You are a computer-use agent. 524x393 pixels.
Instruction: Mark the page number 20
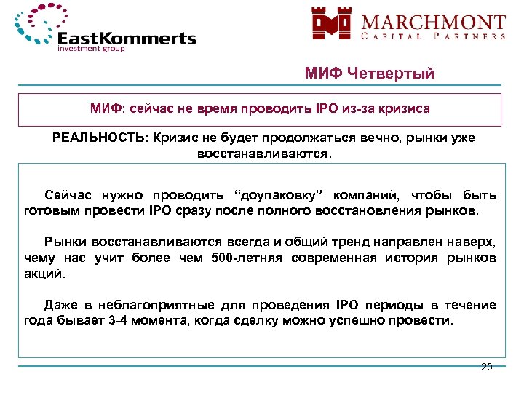coord(486,366)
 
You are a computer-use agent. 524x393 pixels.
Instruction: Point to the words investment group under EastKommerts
coord(91,50)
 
